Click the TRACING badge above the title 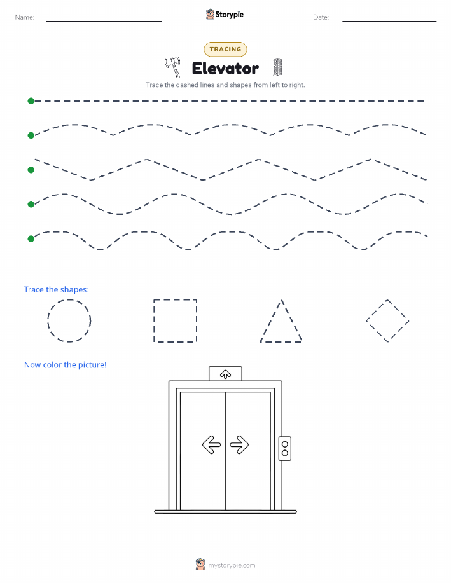tap(225, 49)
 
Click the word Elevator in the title tap(225, 69)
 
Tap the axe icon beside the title tap(173, 67)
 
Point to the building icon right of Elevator tap(277, 67)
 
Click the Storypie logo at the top tap(225, 15)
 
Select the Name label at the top tap(25, 17)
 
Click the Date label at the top tap(321, 17)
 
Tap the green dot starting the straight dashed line tap(31, 100)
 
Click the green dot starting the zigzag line tap(31, 170)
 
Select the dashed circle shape tap(48, 320)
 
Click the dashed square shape tap(154, 320)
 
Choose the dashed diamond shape tap(377, 310)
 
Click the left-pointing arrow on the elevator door tap(211, 444)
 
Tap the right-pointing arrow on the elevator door tap(239, 444)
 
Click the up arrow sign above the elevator tap(225, 374)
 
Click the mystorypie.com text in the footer tap(232, 565)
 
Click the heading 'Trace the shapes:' tap(57, 290)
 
